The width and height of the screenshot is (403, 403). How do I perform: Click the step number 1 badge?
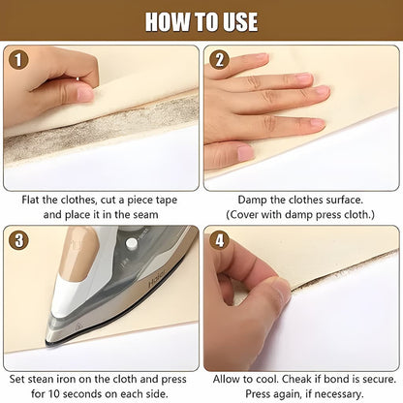click(x=18, y=60)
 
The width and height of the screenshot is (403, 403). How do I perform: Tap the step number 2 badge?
click(x=219, y=60)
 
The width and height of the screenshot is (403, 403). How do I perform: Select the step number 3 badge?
click(x=18, y=241)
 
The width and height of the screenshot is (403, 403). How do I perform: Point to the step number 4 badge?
click(x=220, y=241)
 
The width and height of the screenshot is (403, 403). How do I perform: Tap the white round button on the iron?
click(x=131, y=243)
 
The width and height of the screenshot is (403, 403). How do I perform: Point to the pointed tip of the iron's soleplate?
click(x=46, y=342)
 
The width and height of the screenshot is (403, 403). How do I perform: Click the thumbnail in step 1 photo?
click(x=85, y=94)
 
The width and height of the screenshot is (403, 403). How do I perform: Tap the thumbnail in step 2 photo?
click(x=245, y=153)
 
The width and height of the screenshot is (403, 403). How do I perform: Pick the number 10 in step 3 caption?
click(x=54, y=394)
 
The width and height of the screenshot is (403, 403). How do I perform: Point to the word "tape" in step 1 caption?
click(x=167, y=201)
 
